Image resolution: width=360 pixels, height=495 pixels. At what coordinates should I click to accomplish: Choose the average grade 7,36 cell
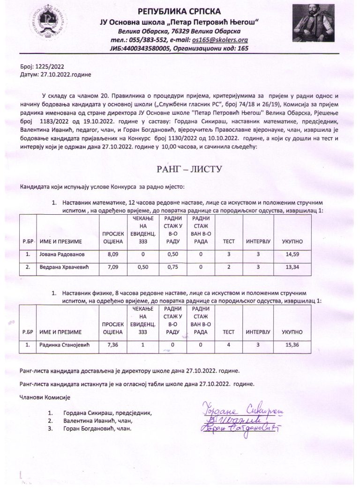(112, 345)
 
